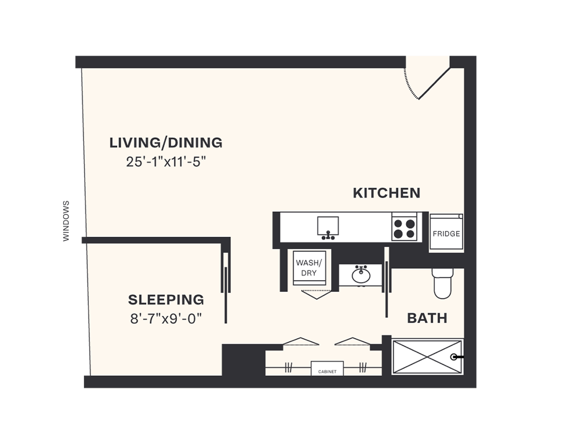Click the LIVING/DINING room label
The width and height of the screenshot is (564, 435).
[166, 143]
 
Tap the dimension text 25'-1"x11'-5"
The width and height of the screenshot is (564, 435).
[166, 162]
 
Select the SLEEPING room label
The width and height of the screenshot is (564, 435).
[166, 299]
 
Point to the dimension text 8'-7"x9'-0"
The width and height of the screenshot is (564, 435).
[166, 318]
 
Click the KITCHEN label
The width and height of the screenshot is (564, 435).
[386, 193]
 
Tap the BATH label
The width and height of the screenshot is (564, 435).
[427, 318]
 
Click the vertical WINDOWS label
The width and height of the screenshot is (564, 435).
[67, 221]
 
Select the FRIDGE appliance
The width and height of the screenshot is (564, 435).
[446, 233]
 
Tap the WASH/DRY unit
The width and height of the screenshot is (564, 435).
[309, 268]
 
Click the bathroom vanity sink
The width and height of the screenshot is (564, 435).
[360, 275]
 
